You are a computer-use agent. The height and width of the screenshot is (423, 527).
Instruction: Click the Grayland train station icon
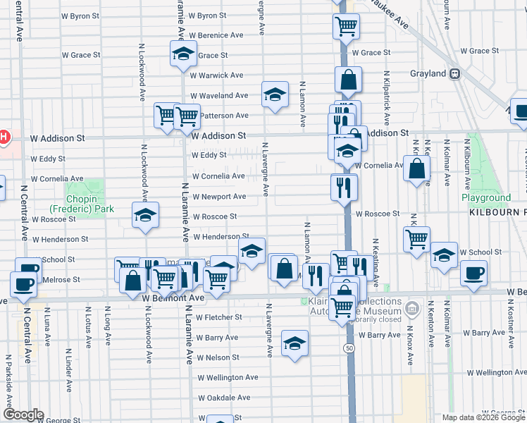tap(456, 73)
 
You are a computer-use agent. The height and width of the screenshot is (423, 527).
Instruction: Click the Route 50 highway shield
tap(349, 348)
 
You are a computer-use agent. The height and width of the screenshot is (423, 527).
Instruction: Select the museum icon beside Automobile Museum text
tap(413, 307)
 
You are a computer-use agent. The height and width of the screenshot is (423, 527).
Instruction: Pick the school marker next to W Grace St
tap(182, 54)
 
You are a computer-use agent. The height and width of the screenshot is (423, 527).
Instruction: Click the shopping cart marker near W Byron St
tap(346, 26)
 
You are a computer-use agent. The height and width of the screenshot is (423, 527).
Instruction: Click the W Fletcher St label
tap(219, 318)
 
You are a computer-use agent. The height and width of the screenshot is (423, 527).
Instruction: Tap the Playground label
tap(486, 198)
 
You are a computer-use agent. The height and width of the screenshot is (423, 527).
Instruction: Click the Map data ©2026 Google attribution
tap(483, 417)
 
